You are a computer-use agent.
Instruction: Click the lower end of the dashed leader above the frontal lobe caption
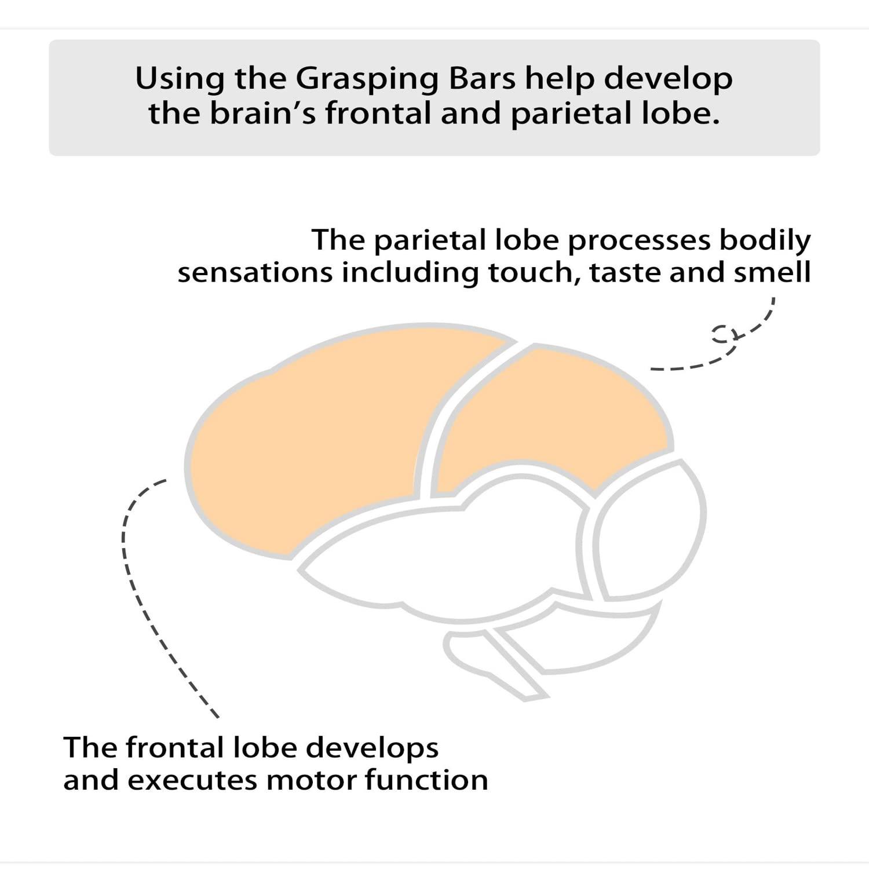coord(218,717)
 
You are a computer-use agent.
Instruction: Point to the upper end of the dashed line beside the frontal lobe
coord(166,480)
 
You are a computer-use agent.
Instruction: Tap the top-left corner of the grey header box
coord(49,40)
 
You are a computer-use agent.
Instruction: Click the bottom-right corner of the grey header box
coord(820,156)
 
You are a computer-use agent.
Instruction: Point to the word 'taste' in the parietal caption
coord(625,272)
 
